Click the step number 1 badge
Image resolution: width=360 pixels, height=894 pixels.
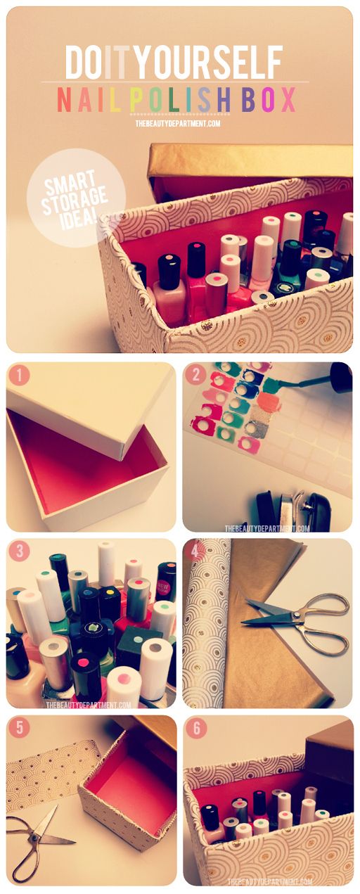(x=18, y=376)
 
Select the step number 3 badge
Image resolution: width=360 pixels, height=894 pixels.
(x=18, y=552)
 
